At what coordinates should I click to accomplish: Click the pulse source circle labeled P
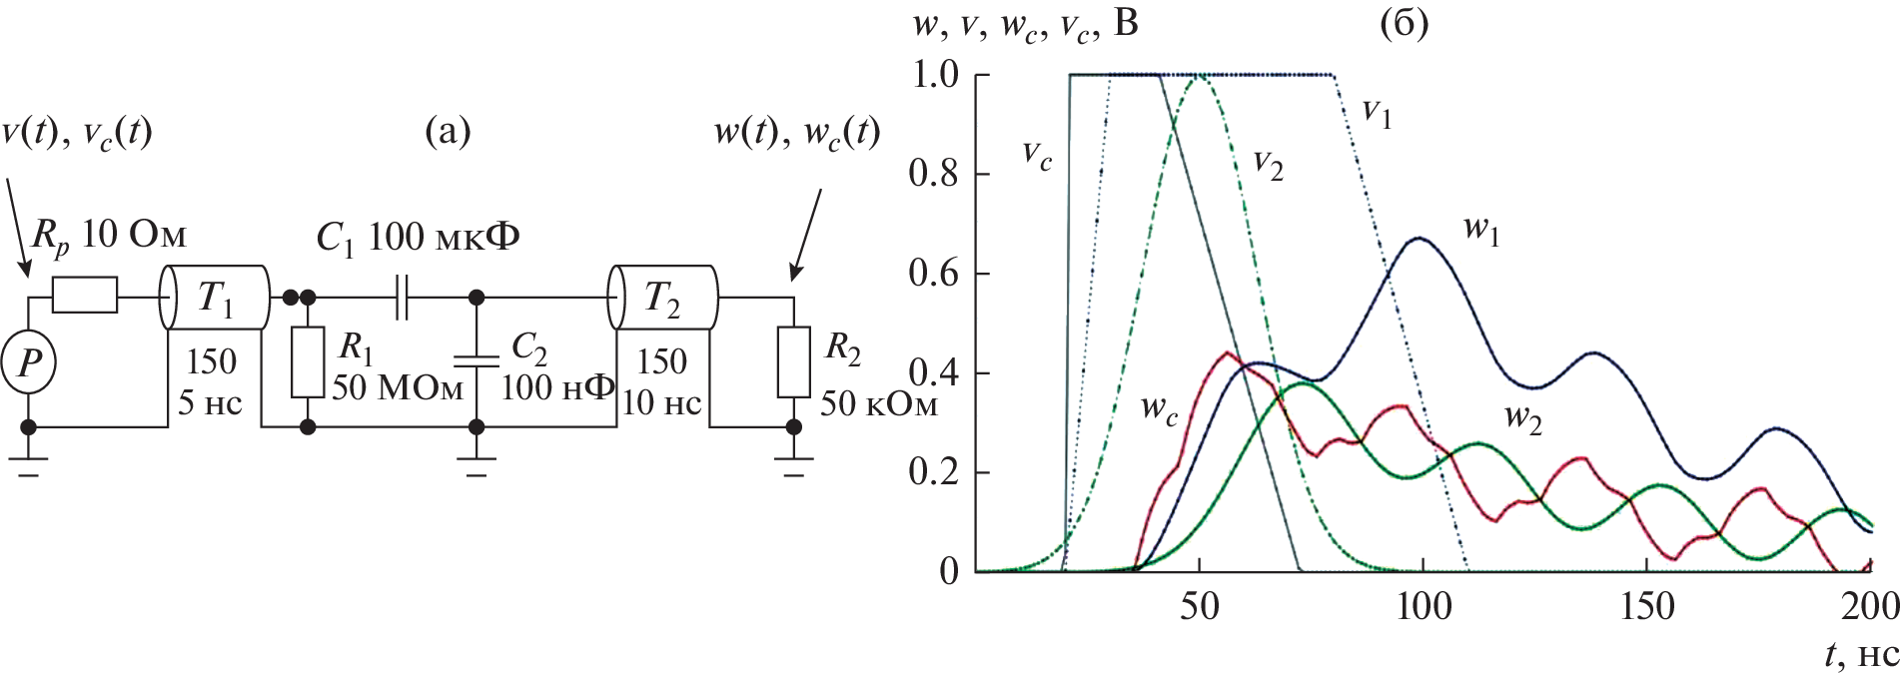point(29,361)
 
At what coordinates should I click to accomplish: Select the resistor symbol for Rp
point(84,296)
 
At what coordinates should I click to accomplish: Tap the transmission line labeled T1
point(214,297)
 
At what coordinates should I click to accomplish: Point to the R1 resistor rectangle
point(308,361)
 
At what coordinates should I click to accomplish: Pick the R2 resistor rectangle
point(793,361)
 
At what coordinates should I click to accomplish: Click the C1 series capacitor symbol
point(402,297)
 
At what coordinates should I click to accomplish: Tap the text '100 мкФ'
point(444,237)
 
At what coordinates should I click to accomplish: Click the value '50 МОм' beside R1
point(398,387)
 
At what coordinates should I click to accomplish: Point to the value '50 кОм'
point(879,403)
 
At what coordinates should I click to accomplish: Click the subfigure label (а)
point(448,131)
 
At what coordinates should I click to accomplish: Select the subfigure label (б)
point(1404,22)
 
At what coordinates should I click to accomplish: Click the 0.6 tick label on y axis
point(933,273)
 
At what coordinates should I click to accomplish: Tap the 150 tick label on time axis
point(1646,606)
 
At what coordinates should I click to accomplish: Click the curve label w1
point(1481,230)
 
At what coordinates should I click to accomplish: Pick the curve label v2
point(1268,165)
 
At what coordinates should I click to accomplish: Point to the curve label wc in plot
point(1159,409)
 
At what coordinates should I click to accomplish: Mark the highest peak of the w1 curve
point(1419,238)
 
